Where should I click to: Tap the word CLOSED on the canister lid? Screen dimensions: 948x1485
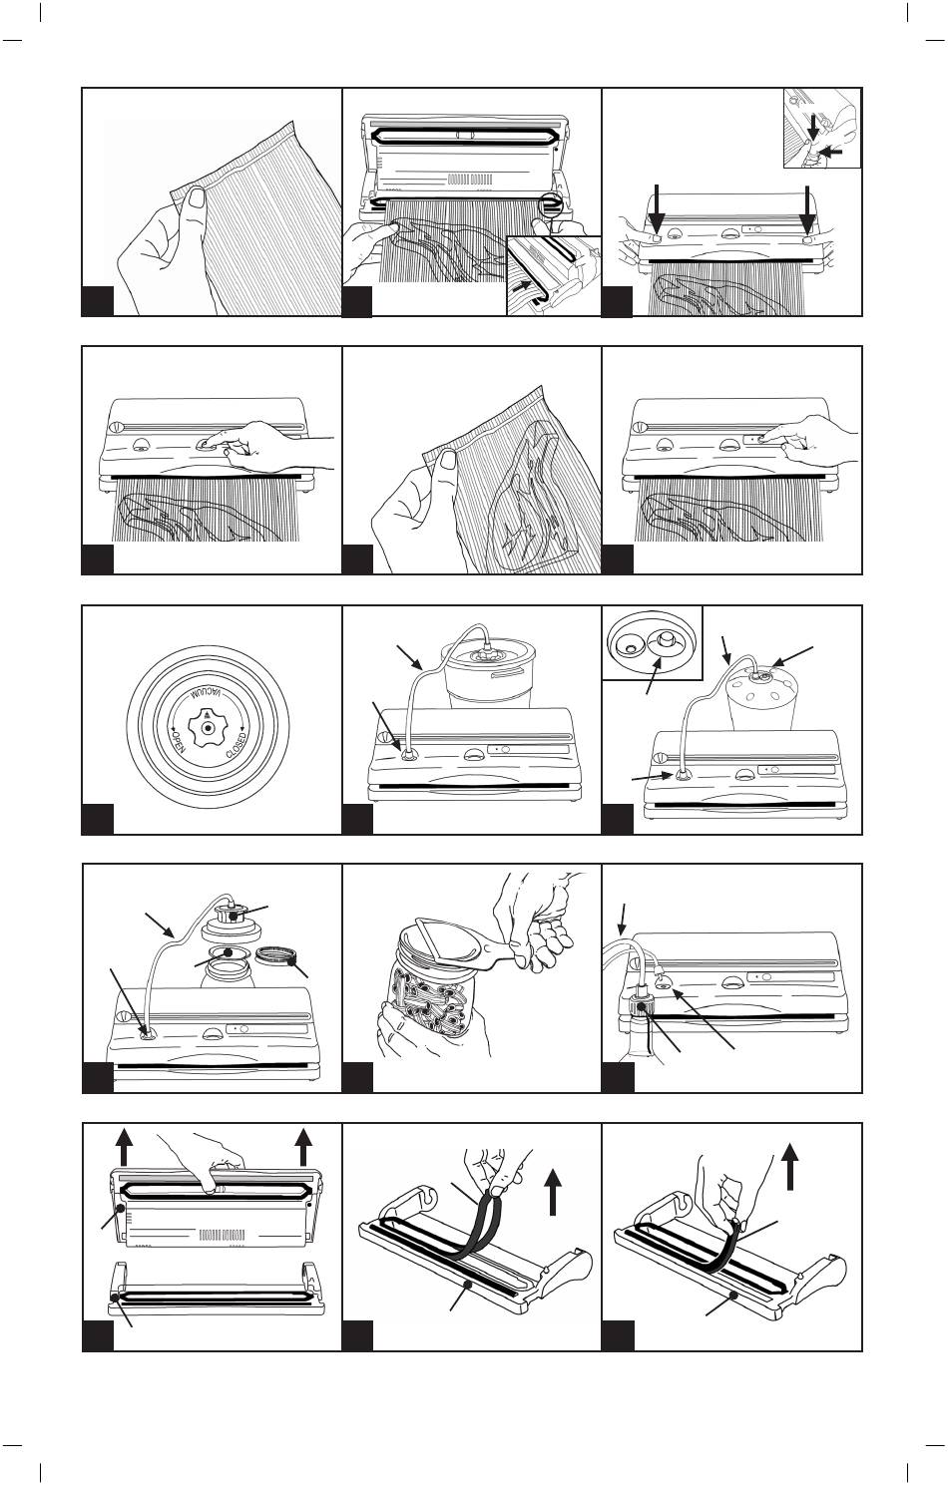pyautogui.click(x=237, y=745)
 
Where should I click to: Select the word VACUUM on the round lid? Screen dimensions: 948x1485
pyautogui.click(x=208, y=696)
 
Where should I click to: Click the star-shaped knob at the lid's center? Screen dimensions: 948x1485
pyautogui.click(x=208, y=727)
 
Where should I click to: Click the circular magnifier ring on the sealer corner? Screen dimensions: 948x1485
pyautogui.click(x=550, y=202)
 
